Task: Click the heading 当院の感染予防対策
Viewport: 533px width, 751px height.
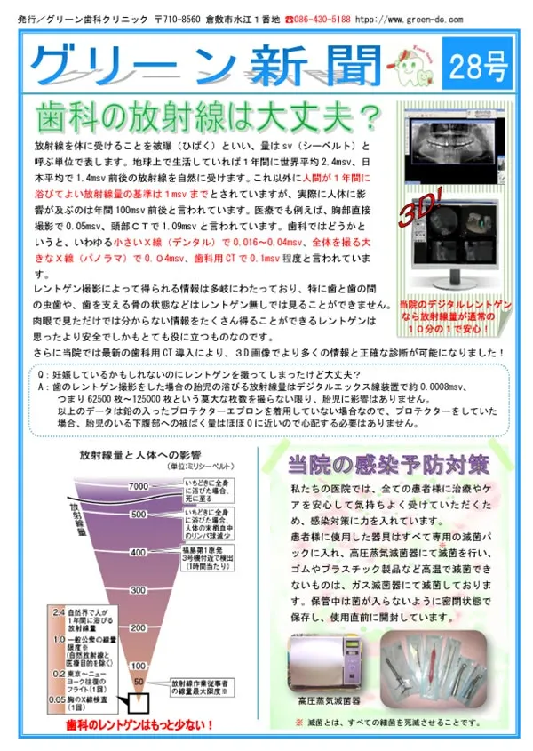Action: (387, 465)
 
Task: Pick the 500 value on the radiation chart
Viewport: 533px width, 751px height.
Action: (138, 514)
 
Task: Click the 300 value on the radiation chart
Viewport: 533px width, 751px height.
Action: (138, 589)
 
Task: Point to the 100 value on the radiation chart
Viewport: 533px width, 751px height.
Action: (138, 665)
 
